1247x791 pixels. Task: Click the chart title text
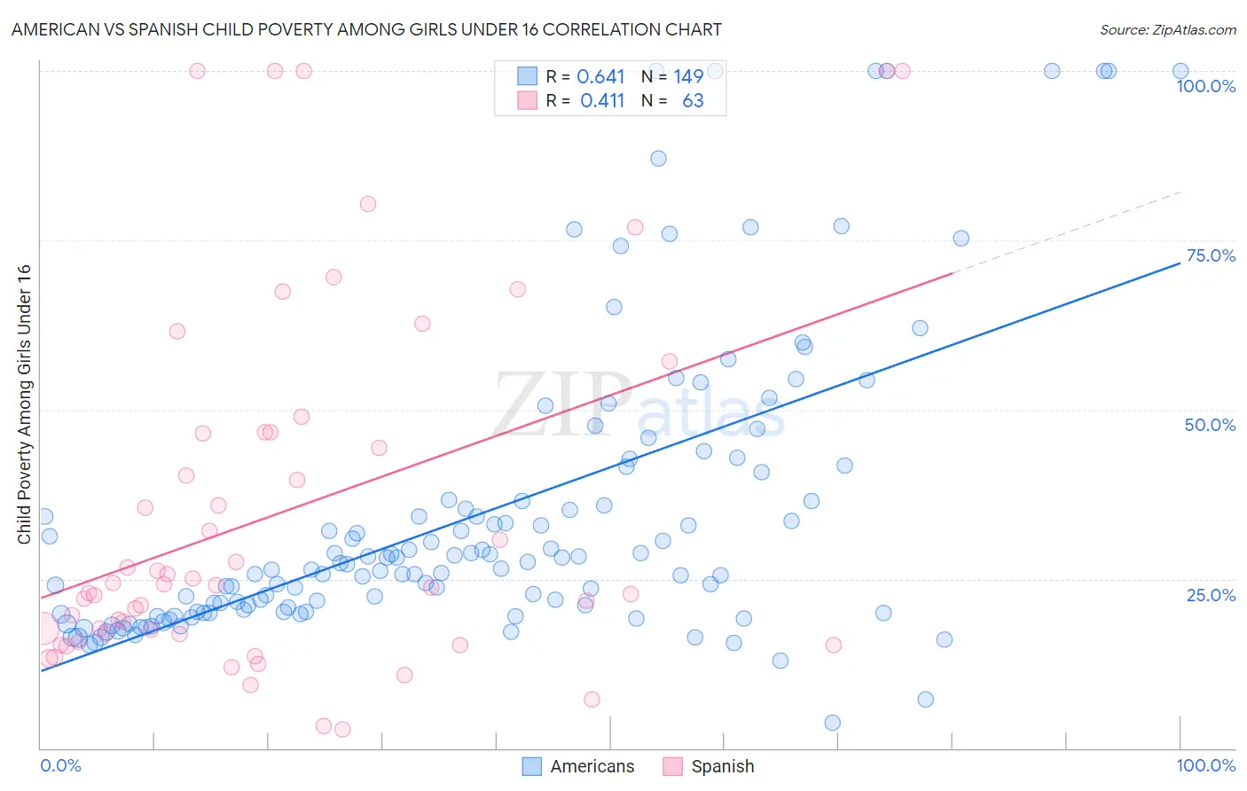click(366, 29)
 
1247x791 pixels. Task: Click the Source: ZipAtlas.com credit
click(1167, 29)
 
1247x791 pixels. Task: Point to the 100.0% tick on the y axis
click(1205, 86)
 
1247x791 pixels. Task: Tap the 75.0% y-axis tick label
click(1210, 255)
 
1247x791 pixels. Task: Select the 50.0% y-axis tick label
click(1210, 425)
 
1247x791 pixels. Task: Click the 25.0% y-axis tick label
click(1210, 595)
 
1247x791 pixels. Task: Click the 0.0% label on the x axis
click(60, 765)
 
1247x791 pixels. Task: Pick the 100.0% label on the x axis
click(1205, 765)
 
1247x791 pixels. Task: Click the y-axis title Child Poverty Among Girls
click(24, 403)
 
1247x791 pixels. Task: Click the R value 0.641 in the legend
click(600, 77)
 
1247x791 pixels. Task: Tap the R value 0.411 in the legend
click(602, 101)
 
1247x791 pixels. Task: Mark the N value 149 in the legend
click(688, 77)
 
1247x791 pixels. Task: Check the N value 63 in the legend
click(693, 101)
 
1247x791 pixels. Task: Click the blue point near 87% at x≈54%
click(658, 159)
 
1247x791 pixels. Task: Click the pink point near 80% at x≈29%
click(368, 204)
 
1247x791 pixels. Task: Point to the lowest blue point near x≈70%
click(832, 723)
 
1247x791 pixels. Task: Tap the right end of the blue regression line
click(1179, 263)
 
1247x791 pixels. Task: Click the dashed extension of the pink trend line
click(1064, 232)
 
